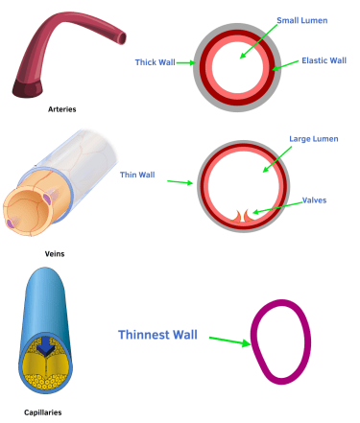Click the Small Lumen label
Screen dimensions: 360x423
302,20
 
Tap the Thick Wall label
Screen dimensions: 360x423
155,62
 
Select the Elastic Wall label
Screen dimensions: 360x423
324,60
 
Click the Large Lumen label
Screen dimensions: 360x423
314,139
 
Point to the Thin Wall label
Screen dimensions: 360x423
137,175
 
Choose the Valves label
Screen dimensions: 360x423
315,200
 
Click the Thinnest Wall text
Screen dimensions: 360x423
157,335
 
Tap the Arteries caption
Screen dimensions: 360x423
62,109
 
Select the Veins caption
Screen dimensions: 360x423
55,254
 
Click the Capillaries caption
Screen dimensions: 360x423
43,412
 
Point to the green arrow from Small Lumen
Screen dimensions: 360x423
258,41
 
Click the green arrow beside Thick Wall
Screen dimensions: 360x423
185,62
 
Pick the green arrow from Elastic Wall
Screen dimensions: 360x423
285,65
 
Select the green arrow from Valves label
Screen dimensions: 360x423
277,207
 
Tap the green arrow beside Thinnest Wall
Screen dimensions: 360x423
230,341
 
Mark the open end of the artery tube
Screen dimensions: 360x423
122,38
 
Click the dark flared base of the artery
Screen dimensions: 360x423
27,88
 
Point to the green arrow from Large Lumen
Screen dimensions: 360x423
277,159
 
